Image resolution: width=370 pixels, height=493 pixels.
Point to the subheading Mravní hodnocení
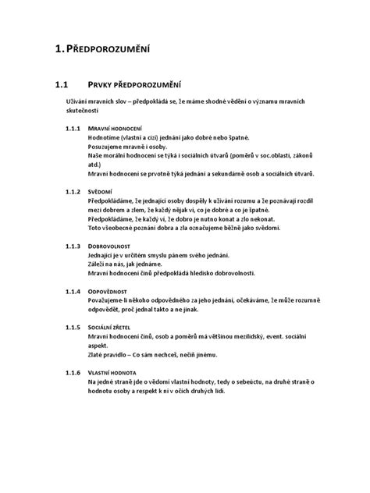tap(115, 127)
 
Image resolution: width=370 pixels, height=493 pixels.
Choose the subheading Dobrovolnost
tap(112, 244)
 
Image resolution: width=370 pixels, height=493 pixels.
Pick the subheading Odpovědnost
tap(112, 290)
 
